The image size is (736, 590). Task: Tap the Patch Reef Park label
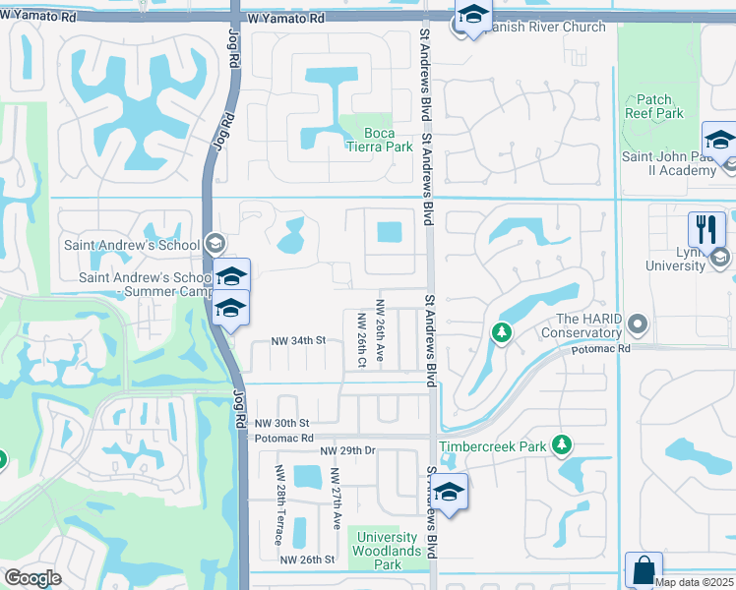(653, 106)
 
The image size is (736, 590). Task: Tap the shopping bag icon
(644, 570)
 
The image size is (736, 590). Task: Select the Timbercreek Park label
(492, 446)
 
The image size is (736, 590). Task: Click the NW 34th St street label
(297, 341)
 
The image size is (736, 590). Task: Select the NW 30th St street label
(281, 422)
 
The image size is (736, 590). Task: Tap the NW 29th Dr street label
(348, 450)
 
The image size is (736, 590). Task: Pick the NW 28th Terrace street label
(280, 505)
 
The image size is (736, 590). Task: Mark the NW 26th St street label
(307, 560)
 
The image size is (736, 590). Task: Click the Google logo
(33, 578)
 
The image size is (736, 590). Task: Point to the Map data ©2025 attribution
(694, 582)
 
